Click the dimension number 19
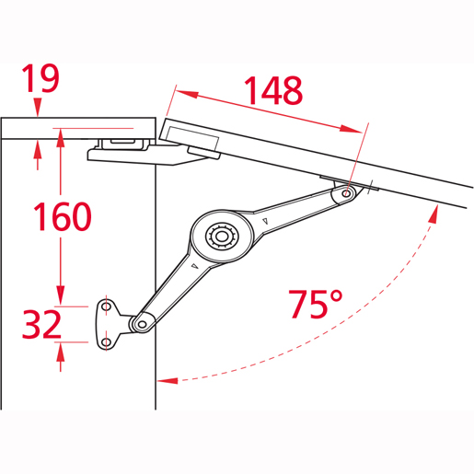[x=40, y=78]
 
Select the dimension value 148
[x=273, y=90]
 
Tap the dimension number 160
[x=63, y=216]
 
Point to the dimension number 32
[x=42, y=324]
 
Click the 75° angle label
[x=316, y=304]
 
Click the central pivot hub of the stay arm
[x=221, y=237]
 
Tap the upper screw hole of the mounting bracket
[x=106, y=306]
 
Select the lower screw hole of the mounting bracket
[x=106, y=341]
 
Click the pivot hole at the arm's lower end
[x=142, y=324]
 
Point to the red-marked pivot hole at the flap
[x=347, y=193]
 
